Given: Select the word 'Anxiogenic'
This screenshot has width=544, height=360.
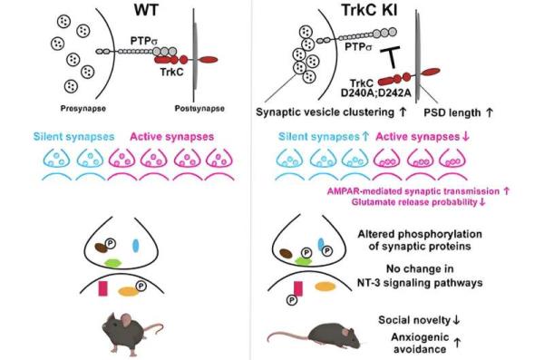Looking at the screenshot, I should click(427, 336).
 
